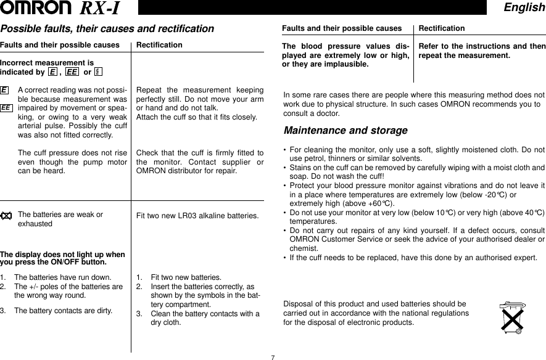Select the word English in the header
[524, 7]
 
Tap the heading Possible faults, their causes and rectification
[107, 29]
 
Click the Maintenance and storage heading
[345, 131]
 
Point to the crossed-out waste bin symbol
[510, 318]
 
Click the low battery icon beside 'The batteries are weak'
[6, 216]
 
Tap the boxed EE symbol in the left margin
[6, 107]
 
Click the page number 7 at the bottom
[273, 356]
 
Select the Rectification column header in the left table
[159, 45]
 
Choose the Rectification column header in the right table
[442, 28]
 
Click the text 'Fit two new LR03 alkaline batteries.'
[197, 216]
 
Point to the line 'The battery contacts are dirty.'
[64, 310]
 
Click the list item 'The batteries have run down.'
[63, 277]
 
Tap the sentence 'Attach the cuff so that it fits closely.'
[196, 117]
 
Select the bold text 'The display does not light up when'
[62, 255]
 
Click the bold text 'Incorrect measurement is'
[47, 63]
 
